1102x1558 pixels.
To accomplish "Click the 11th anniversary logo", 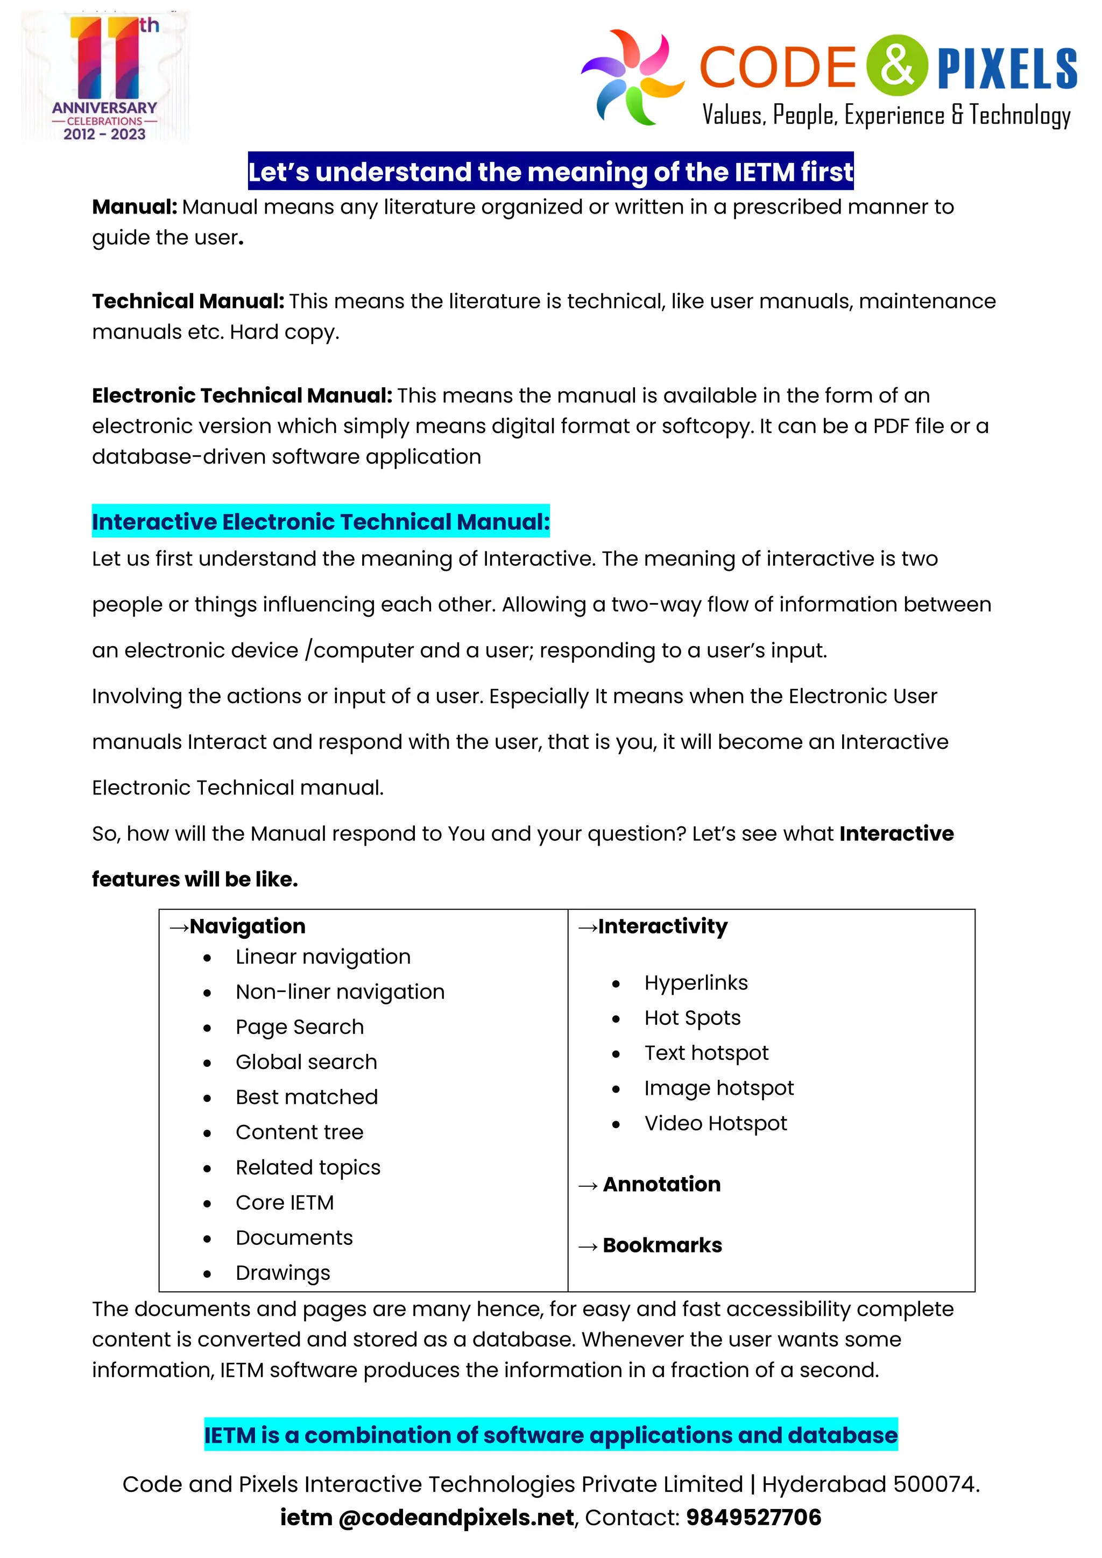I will tap(105, 76).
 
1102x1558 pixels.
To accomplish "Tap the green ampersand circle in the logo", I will tap(896, 66).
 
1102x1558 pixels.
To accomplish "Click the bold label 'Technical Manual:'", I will tap(188, 301).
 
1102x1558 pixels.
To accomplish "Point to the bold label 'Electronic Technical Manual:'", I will tap(242, 395).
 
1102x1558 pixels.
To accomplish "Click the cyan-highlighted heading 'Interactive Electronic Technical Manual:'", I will tap(320, 522).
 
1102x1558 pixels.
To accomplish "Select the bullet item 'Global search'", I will tap(306, 1062).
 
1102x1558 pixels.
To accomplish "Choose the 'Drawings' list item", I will tap(283, 1273).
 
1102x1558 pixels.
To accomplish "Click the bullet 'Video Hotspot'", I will tap(715, 1123).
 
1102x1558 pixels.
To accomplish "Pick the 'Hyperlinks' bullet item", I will tap(696, 982).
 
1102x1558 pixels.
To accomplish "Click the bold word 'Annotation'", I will tap(662, 1184).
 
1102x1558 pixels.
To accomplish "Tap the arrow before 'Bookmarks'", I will tap(588, 1247).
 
